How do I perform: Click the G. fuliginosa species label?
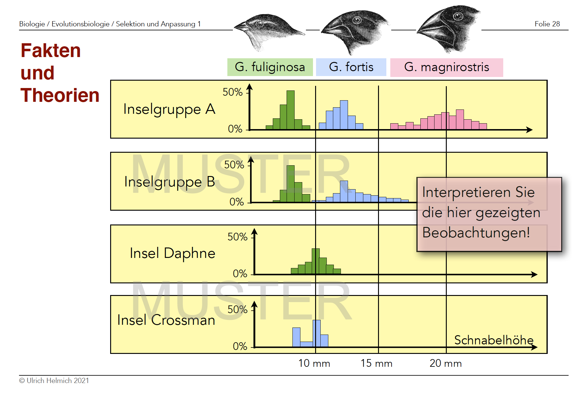tap(270, 67)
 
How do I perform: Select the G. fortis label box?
tap(351, 67)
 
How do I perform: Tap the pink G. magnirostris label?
tap(446, 67)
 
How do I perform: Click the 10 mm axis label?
tap(314, 363)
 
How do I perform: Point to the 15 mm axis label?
tap(377, 363)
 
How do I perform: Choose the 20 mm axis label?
tap(446, 363)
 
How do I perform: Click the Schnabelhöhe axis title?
tap(494, 340)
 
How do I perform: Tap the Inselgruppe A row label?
tap(169, 109)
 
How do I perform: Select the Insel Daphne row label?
tap(172, 253)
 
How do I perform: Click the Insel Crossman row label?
tap(166, 320)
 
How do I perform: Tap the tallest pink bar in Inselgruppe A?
tap(460, 119)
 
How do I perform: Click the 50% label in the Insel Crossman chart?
tap(237, 310)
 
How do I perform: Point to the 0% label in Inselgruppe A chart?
tap(235, 129)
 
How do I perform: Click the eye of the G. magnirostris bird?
tap(458, 16)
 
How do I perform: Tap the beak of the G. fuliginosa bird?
tap(241, 27)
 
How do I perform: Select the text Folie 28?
tap(547, 24)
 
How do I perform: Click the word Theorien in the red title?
tap(60, 95)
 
